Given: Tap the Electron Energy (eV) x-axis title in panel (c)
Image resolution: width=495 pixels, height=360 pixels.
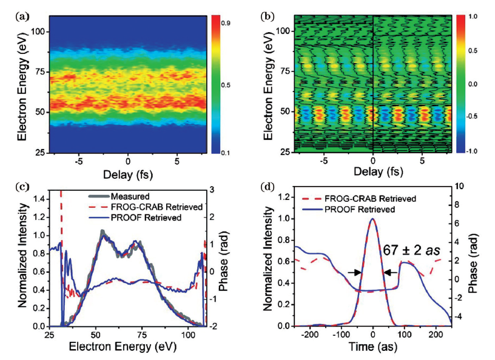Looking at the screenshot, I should click(x=123, y=349).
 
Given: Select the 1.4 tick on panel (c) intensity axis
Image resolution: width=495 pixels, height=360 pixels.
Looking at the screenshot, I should click(x=38, y=198).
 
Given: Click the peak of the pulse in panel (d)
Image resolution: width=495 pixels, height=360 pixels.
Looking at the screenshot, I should click(x=372, y=219).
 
